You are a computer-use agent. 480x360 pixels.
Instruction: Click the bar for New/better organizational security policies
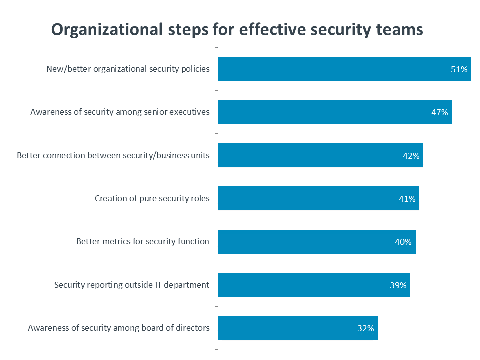pyautogui.click(x=344, y=69)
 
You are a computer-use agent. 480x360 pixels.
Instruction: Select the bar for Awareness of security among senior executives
pyautogui.click(x=335, y=112)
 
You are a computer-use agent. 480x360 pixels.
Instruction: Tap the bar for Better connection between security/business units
pyautogui.click(x=321, y=155)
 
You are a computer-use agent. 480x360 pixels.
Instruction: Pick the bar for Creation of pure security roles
pyautogui.click(x=318, y=198)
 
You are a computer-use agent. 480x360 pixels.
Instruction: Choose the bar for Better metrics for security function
pyautogui.click(x=317, y=242)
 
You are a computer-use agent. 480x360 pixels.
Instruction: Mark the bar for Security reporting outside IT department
pyautogui.click(x=314, y=285)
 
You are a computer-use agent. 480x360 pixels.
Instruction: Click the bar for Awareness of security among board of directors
pyautogui.click(x=298, y=328)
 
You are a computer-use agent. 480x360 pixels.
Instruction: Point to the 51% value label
pyautogui.click(x=459, y=70)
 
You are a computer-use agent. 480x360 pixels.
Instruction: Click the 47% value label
pyautogui.click(x=439, y=112)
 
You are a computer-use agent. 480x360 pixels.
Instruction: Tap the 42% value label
pyautogui.click(x=411, y=156)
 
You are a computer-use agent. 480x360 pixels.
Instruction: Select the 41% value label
pyautogui.click(x=407, y=199)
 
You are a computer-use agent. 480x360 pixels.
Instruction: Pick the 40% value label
pyautogui.click(x=403, y=242)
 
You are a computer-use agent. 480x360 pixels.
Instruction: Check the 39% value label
pyautogui.click(x=398, y=285)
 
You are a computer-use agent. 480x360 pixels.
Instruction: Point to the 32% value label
pyautogui.click(x=366, y=329)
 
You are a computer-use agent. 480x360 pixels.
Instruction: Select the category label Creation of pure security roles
pyautogui.click(x=152, y=199)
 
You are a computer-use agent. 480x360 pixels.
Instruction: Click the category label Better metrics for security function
pyautogui.click(x=143, y=242)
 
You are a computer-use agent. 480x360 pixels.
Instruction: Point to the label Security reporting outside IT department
pyautogui.click(x=132, y=285)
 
